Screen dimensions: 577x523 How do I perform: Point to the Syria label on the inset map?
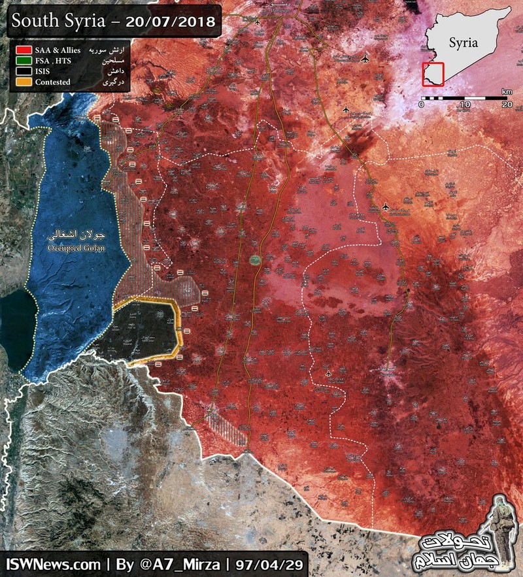point(464,43)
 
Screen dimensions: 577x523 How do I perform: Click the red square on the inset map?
point(433,73)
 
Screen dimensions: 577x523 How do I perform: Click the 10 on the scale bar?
point(464,105)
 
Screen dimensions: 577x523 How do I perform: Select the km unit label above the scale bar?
point(507,91)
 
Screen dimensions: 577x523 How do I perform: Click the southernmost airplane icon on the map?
point(328,374)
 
